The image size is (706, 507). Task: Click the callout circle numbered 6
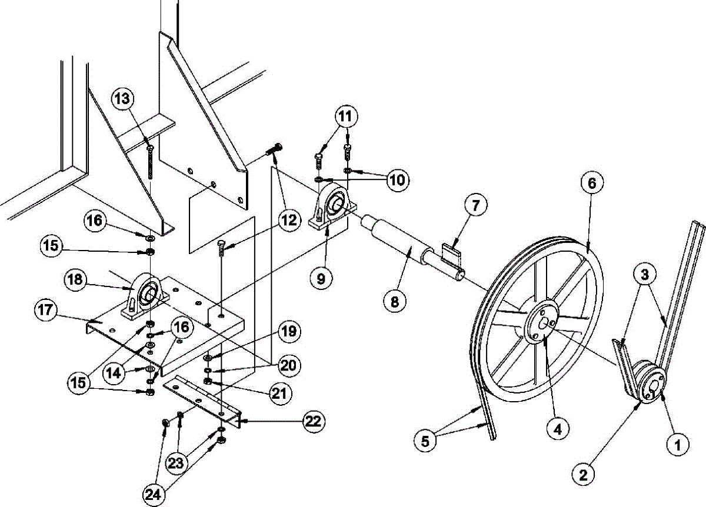[x=592, y=184]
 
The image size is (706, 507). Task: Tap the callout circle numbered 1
[x=678, y=445]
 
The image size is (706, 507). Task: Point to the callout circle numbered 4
[x=556, y=429]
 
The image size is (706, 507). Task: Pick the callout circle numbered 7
[x=475, y=206]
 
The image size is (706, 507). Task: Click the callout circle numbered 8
[x=394, y=302]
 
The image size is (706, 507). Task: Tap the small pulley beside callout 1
[x=650, y=385]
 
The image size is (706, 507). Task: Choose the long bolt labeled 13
[x=151, y=162]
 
